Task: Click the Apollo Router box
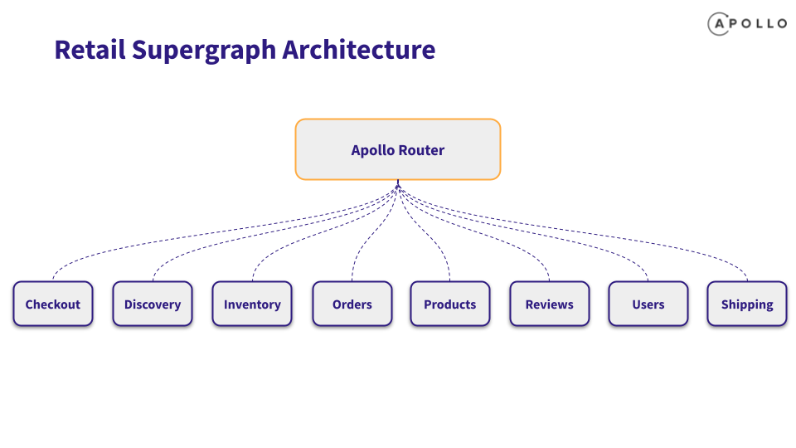click(398, 149)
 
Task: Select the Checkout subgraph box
click(53, 304)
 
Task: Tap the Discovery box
click(153, 304)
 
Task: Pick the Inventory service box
click(252, 304)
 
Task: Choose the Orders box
click(352, 304)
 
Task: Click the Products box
click(449, 304)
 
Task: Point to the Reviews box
click(549, 304)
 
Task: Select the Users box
click(648, 304)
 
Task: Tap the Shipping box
click(747, 304)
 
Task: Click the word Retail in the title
click(90, 50)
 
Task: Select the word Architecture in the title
click(358, 50)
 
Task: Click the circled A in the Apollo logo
click(719, 24)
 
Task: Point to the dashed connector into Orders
click(372, 235)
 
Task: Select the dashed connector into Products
click(426, 235)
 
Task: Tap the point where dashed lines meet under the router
click(398, 186)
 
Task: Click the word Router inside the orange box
click(421, 150)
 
